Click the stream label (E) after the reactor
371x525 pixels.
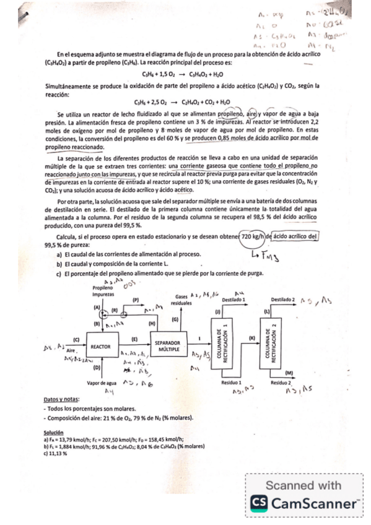coord(134,339)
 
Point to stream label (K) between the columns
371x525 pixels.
coord(251,337)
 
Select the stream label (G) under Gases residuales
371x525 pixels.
coord(175,319)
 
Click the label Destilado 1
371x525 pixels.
coord(234,299)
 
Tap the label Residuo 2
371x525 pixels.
coord(280,383)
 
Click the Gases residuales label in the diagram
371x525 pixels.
coord(180,300)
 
